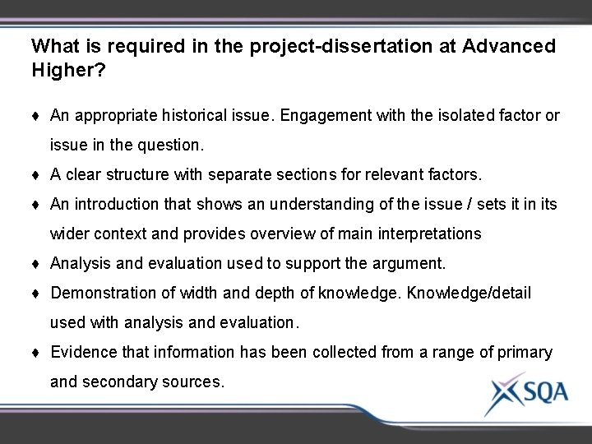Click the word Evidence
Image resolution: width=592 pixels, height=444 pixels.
pyautogui.click(x=81, y=352)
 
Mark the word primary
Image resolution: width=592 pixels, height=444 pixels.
pyautogui.click(x=525, y=352)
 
